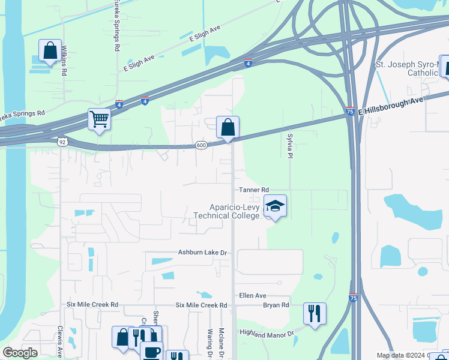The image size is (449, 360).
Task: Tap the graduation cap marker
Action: click(x=276, y=206)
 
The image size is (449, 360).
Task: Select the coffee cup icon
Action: click(x=151, y=351)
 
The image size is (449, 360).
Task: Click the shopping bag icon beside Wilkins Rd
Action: click(x=50, y=50)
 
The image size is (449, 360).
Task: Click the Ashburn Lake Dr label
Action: click(x=202, y=253)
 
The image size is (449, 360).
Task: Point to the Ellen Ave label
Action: click(x=252, y=296)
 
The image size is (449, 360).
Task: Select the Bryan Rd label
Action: click(x=276, y=305)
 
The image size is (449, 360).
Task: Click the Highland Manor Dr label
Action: click(x=267, y=333)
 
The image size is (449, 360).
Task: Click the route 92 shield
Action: click(x=62, y=142)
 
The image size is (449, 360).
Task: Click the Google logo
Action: click(x=20, y=353)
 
